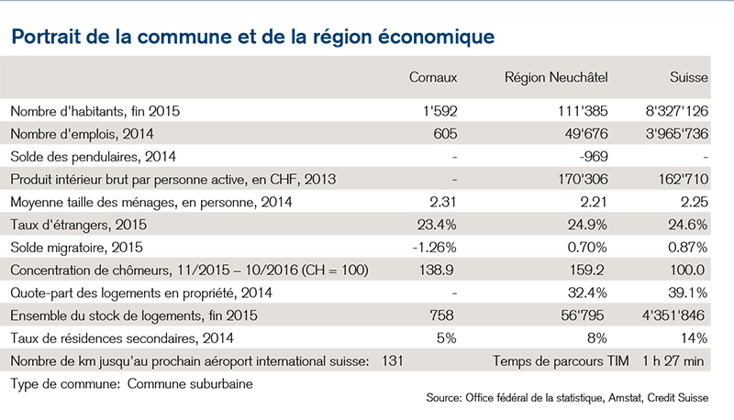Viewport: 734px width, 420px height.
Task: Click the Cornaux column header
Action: point(433,77)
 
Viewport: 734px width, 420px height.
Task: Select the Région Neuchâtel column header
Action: point(556,78)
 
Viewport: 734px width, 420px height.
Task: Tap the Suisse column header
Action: point(689,77)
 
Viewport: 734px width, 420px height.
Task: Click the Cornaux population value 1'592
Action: point(439,111)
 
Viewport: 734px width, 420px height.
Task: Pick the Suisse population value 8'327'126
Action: point(677,111)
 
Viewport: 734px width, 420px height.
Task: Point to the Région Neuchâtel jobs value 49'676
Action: point(586,134)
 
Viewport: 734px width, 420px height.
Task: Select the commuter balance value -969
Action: point(594,156)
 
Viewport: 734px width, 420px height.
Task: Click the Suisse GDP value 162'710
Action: point(684,179)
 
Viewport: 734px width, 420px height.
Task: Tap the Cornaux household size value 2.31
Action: point(443,202)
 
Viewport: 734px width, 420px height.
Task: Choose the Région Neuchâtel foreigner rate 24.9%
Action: point(587,225)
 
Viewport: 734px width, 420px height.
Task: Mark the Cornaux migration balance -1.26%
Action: point(434,248)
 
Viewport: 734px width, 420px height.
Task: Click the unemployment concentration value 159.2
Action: point(585,271)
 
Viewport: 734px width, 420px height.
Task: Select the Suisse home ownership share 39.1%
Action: point(687,293)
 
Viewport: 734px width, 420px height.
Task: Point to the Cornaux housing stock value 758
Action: point(442,315)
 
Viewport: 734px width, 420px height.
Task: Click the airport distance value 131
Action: point(393,361)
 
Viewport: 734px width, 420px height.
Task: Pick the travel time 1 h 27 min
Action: point(673,361)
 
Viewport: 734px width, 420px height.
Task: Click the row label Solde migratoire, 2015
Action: point(76,248)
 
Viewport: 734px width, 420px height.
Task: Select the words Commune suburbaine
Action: point(190,384)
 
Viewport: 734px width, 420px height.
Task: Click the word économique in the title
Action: point(436,37)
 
